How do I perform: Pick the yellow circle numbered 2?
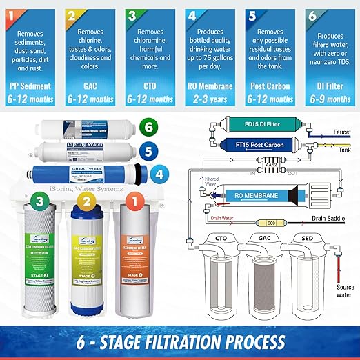(85, 203)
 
